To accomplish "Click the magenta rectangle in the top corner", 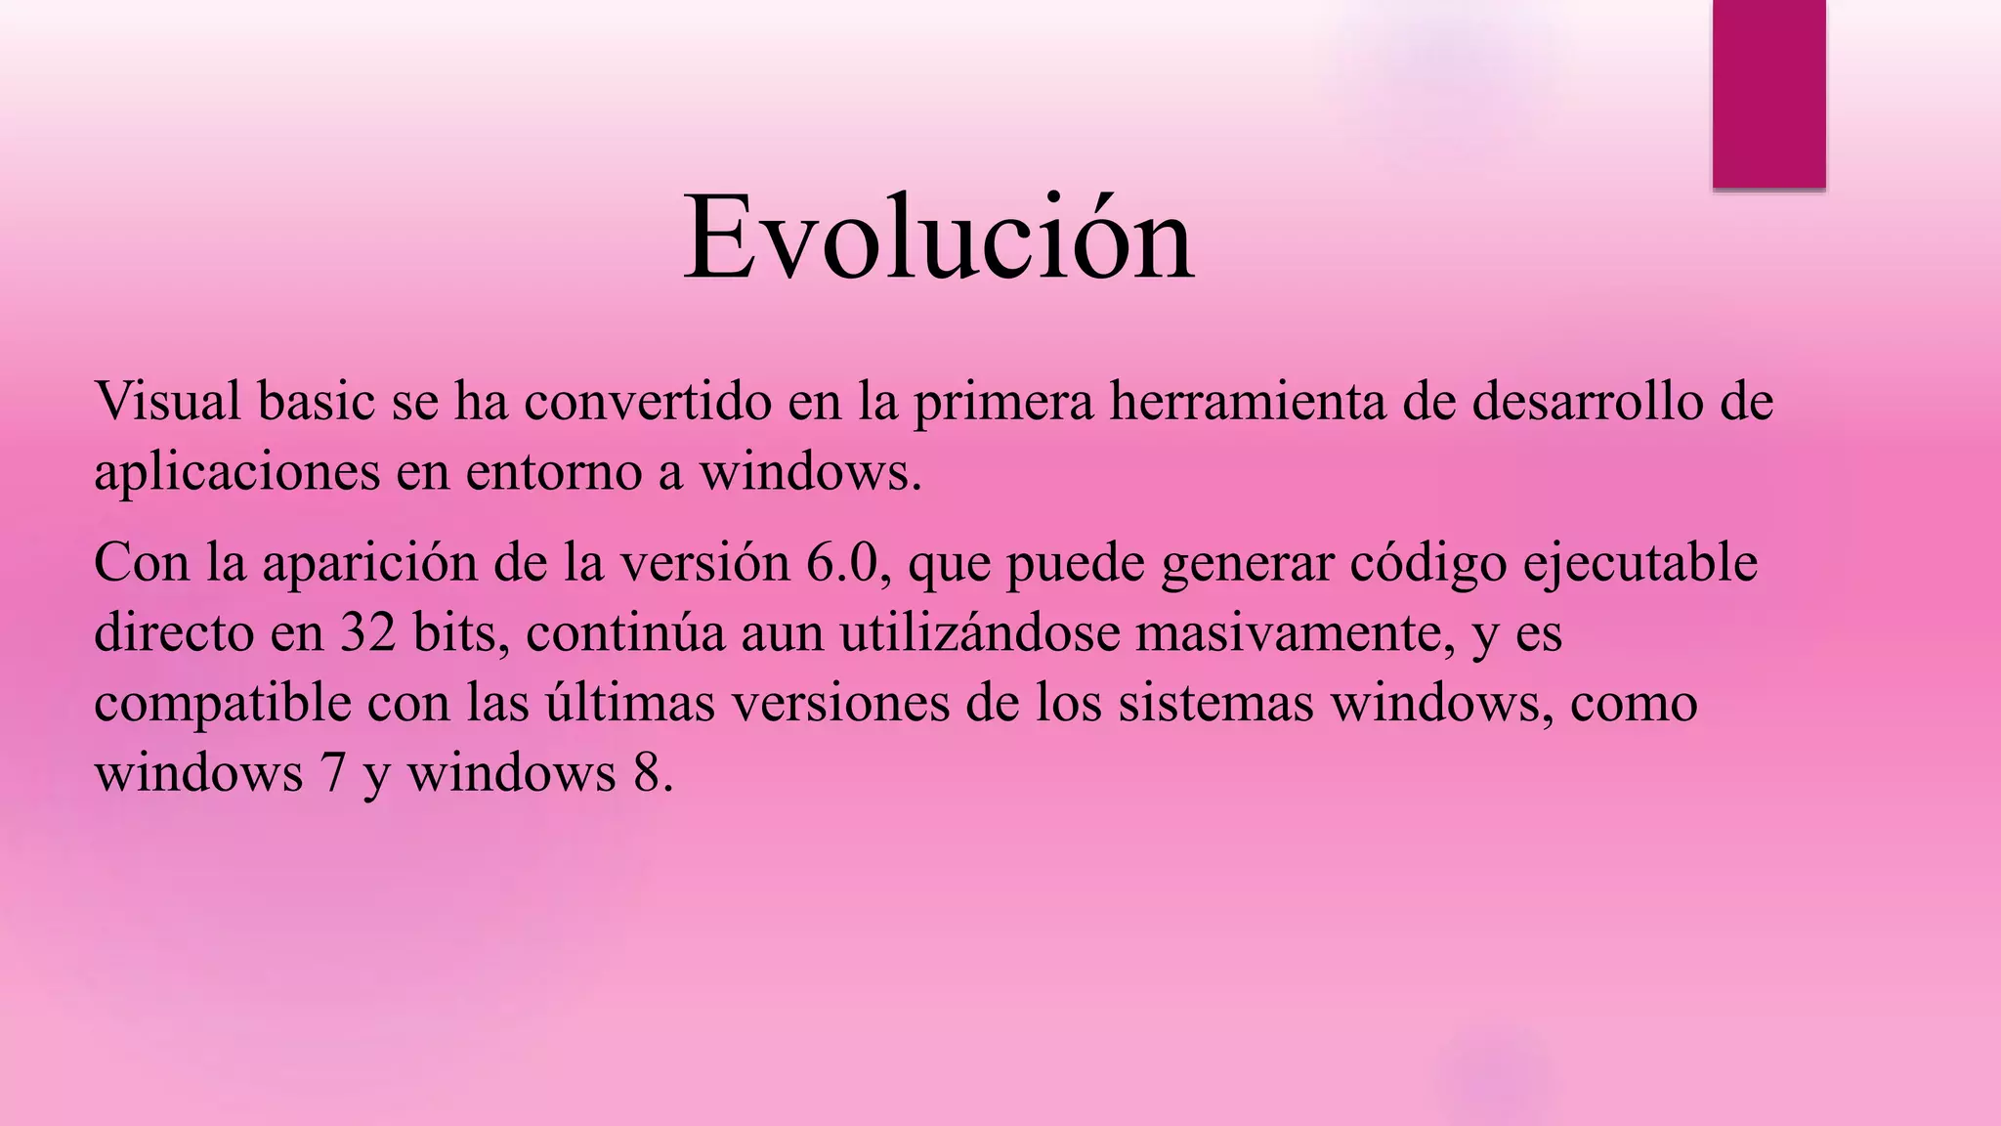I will (x=1768, y=93).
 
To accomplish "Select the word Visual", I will (x=167, y=402).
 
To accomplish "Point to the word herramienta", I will (x=1247, y=402).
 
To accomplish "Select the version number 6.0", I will (x=842, y=564).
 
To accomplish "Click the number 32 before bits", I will (x=368, y=633).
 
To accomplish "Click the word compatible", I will (x=222, y=704).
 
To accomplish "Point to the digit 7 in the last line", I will (x=333, y=773).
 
